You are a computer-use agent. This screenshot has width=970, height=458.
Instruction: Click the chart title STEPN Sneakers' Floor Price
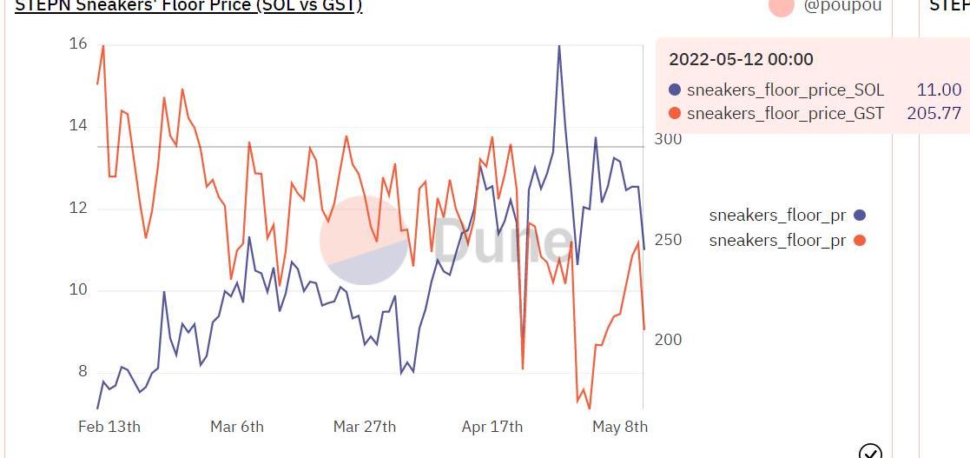[x=188, y=5]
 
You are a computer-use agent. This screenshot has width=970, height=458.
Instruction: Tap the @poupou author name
[x=842, y=5]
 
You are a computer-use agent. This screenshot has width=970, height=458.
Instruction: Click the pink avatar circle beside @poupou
[x=782, y=5]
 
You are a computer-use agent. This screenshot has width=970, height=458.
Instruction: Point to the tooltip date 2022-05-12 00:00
[x=741, y=59]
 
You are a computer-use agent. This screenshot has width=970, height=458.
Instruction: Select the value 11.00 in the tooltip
[x=939, y=90]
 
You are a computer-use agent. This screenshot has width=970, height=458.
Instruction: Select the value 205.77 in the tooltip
[x=934, y=113]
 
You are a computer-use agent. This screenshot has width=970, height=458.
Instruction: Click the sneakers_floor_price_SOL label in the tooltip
[x=785, y=90]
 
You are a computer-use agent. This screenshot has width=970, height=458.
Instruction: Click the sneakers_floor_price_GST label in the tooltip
[x=785, y=113]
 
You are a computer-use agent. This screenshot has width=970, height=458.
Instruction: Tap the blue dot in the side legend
[x=860, y=216]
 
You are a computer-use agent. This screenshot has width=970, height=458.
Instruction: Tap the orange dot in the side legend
[x=860, y=240]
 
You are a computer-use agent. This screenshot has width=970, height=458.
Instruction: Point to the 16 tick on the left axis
[x=78, y=43]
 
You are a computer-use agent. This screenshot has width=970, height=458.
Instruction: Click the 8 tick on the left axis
[x=83, y=372]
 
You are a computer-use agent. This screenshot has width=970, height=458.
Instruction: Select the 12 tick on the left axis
[x=78, y=208]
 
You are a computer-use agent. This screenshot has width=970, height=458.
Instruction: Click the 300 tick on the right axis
[x=668, y=139]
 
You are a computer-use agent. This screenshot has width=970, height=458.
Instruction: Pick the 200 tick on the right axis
[x=668, y=340]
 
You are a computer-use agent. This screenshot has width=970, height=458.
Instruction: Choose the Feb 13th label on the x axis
[x=109, y=427]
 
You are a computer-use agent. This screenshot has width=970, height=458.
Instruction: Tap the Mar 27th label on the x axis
[x=365, y=427]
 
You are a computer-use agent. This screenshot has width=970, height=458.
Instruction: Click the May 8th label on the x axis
[x=620, y=427]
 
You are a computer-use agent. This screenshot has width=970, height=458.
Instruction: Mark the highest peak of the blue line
[x=558, y=45]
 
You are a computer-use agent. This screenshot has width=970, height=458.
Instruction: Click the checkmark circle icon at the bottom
[x=870, y=451]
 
